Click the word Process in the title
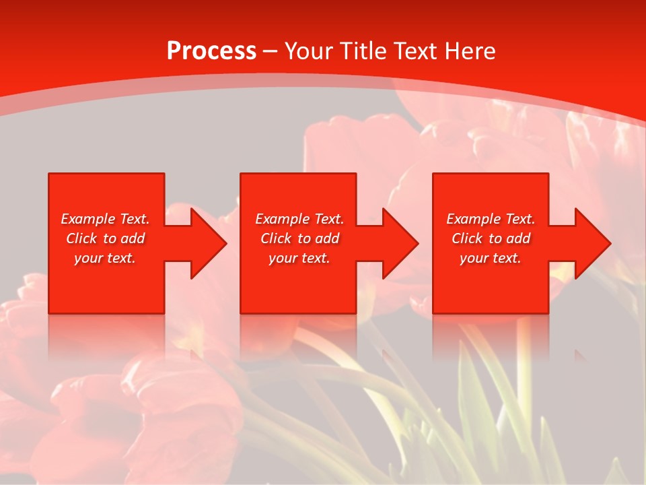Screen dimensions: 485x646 [x=211, y=51]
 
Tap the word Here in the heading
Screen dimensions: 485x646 [x=469, y=51]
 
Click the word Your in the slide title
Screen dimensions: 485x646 [x=310, y=51]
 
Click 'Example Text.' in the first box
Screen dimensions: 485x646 [x=105, y=219]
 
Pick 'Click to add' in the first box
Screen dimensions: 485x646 [x=105, y=238]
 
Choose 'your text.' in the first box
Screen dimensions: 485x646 [x=105, y=258]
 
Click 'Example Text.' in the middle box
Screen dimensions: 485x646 [x=299, y=219]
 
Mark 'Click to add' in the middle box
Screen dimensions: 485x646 [x=299, y=238]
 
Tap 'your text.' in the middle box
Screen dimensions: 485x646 [x=299, y=258]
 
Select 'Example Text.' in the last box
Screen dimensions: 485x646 [x=491, y=219]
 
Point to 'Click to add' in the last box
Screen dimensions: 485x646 [x=491, y=238]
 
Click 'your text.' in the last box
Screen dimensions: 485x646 [x=491, y=258]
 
